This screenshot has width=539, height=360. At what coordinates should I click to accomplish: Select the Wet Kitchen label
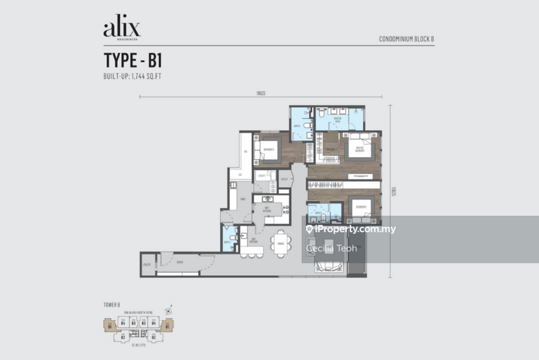[x=265, y=210]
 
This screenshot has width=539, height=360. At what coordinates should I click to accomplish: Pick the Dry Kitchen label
[x=253, y=241]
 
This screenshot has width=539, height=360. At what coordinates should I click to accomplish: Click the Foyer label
[x=180, y=264]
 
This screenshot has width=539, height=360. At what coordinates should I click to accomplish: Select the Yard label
[x=242, y=198]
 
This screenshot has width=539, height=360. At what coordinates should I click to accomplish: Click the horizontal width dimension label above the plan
[x=251, y=93]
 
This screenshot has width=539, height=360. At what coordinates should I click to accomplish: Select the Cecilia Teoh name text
[x=329, y=248]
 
